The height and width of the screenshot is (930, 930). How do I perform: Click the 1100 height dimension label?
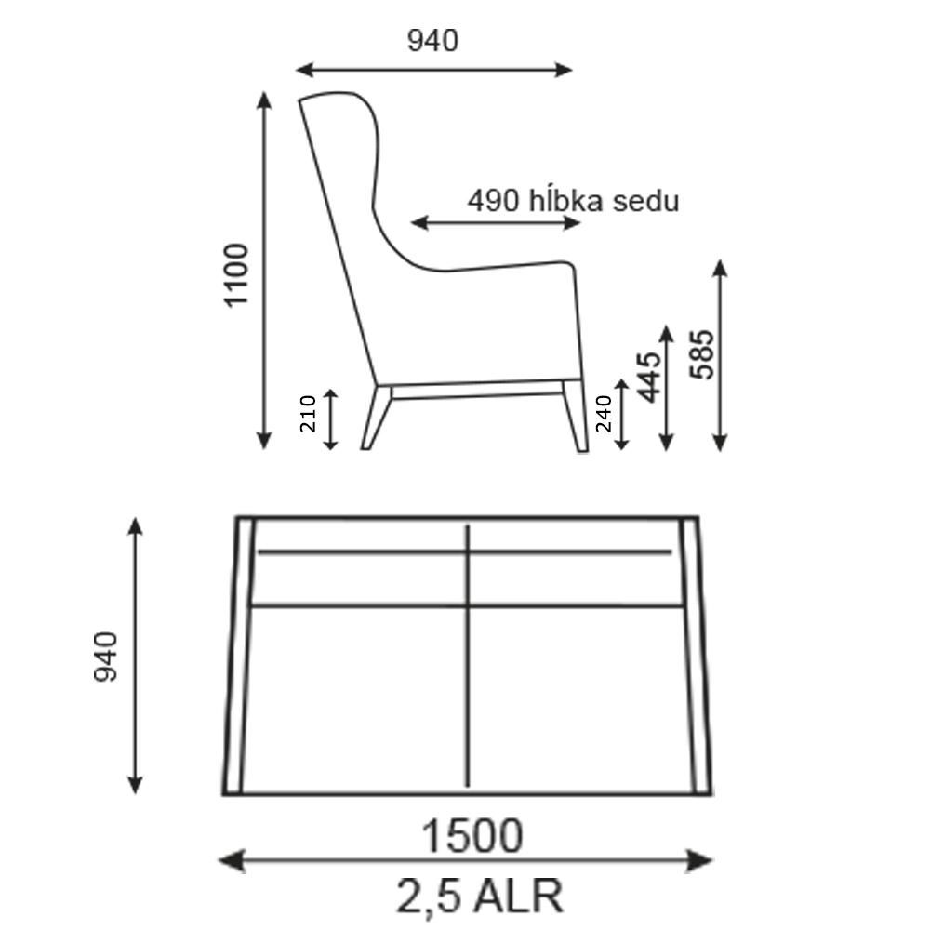pos(236,274)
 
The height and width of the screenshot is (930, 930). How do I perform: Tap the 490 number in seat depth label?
pos(494,201)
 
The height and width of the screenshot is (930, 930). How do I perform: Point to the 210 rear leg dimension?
pos(309,414)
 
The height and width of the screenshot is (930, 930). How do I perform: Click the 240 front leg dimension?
pos(604,414)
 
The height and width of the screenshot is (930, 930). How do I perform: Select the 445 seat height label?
pos(649,378)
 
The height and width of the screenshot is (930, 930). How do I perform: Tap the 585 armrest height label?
pos(702,354)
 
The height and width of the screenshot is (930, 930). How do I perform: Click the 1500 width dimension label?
pos(472,836)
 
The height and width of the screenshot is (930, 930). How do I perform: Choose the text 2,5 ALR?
pos(479,896)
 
